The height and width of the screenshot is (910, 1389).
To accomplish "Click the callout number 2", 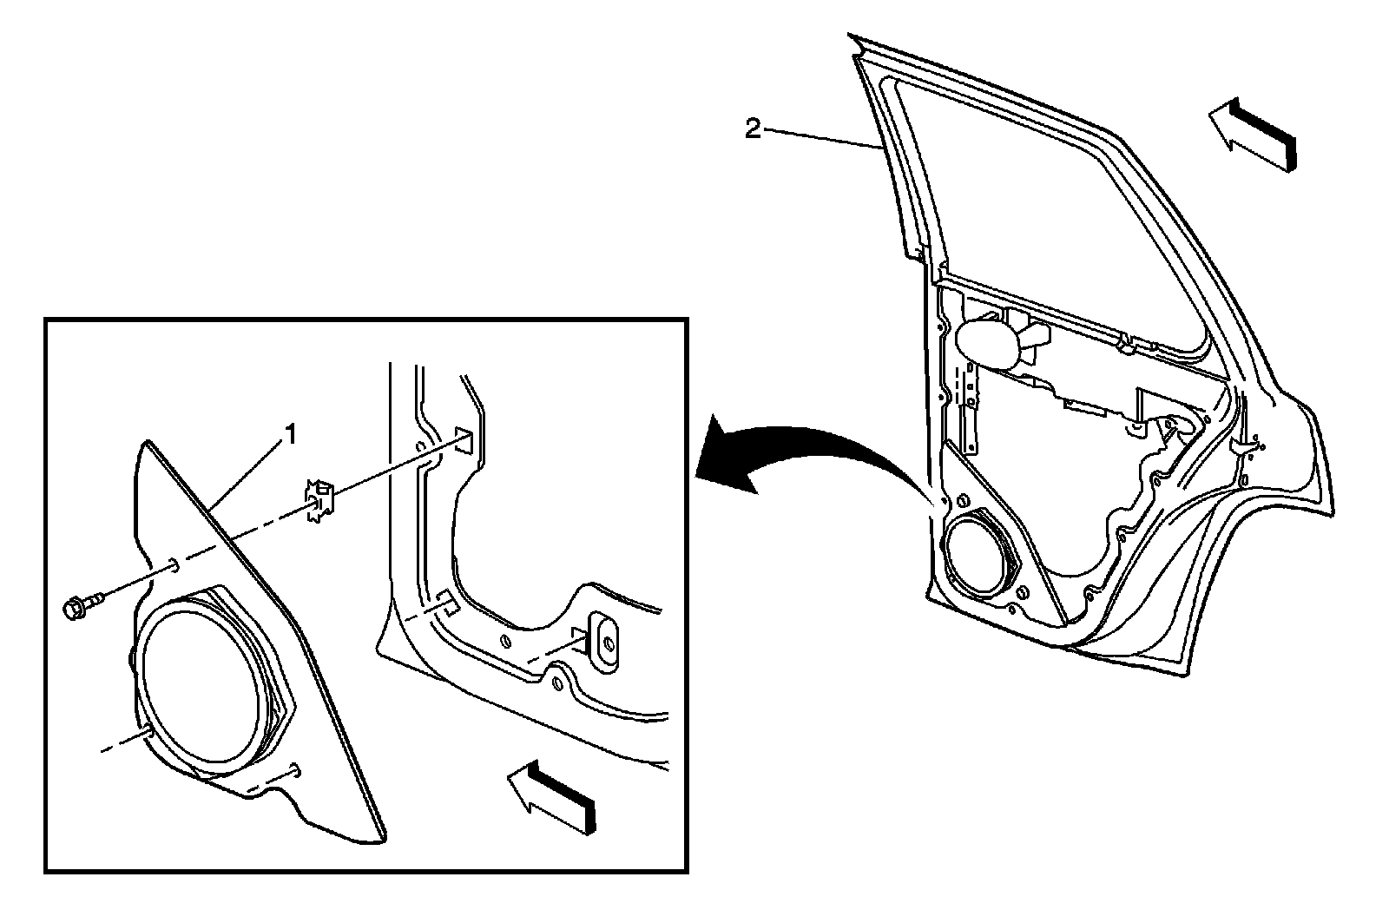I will [x=754, y=129].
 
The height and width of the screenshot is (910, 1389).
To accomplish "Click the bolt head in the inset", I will [x=76, y=609].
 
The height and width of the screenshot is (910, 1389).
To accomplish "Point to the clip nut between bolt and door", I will [x=318, y=502].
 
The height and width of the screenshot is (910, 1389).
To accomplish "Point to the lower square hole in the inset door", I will [x=446, y=603].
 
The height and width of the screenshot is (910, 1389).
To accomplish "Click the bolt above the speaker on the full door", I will [x=962, y=502].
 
